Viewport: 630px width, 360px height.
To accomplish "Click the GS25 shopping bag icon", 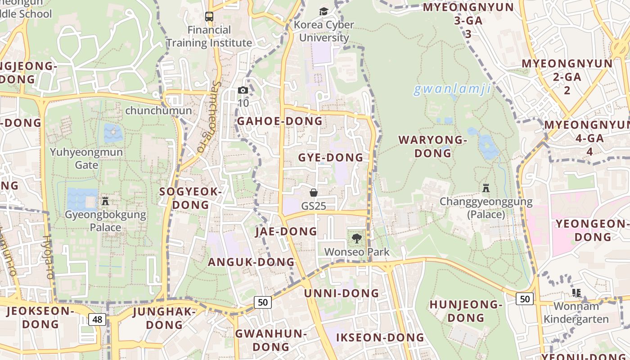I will point(314,193).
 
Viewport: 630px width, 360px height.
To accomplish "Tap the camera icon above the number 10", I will point(243,90).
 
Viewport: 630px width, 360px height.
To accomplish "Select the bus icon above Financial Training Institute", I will point(209,17).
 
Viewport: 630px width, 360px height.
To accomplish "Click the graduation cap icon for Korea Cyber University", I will point(324,12).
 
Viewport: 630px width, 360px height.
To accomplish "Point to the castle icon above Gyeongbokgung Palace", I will point(105,201).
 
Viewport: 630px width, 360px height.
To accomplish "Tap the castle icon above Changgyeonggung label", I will point(486,188).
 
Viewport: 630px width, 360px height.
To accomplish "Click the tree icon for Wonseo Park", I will point(357,238).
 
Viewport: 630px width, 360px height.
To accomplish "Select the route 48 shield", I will point(97,319).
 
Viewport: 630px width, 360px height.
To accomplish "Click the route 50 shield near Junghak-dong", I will point(263,302).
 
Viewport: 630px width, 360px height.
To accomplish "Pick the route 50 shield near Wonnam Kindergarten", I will point(524,298).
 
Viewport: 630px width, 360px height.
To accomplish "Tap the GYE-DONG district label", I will point(330,157).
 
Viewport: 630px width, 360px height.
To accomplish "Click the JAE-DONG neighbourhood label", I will point(286,231).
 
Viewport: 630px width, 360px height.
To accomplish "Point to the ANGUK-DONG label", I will point(251,262).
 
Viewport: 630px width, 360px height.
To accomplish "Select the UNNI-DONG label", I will point(342,293).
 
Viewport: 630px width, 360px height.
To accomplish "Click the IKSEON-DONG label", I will point(380,337).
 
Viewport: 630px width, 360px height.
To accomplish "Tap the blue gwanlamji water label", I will point(452,90).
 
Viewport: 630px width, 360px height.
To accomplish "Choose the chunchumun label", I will point(158,110).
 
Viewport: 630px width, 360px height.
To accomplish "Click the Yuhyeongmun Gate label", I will point(86,158).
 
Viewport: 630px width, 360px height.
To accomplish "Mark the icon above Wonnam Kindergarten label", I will point(576,293).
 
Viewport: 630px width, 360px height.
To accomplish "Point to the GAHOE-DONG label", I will point(279,121).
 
